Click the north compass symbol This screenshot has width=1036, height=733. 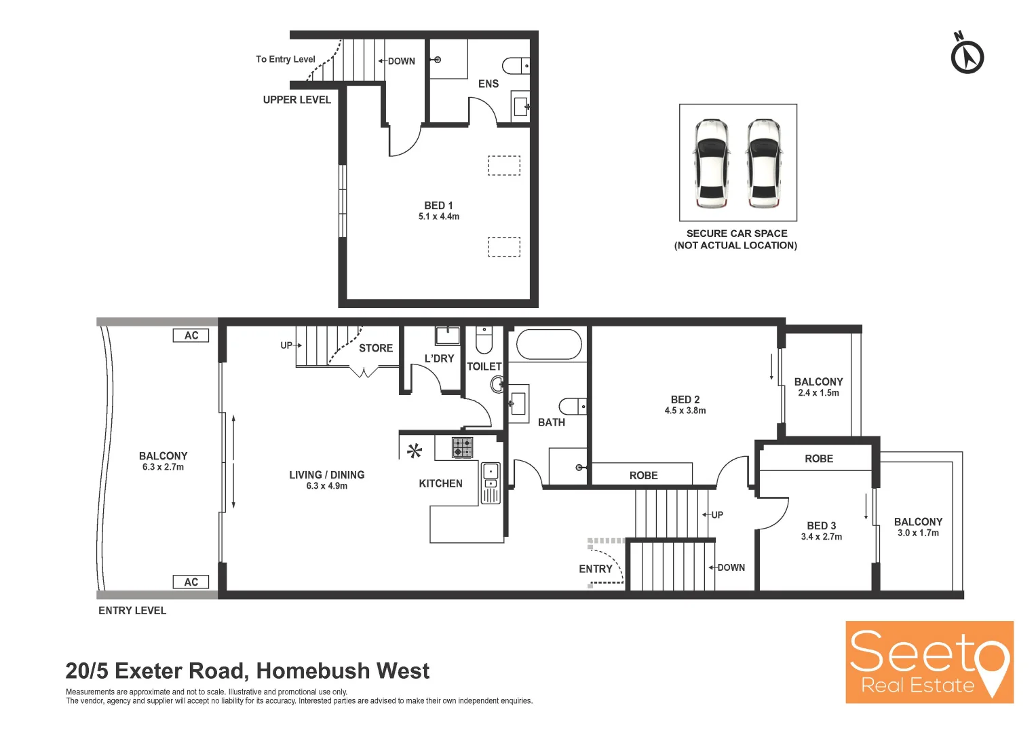[x=967, y=56]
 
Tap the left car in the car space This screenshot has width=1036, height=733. [x=710, y=164]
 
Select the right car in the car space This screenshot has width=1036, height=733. [x=764, y=164]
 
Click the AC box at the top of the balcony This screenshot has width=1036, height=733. [x=191, y=335]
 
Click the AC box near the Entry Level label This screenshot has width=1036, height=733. [x=191, y=582]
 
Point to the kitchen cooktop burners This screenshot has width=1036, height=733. [x=463, y=448]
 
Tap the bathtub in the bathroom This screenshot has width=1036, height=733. [x=549, y=345]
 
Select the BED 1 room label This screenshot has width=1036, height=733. [x=438, y=206]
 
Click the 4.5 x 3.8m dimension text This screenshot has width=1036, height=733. [x=685, y=411]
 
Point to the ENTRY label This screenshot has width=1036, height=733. [x=595, y=569]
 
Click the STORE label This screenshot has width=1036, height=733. [x=376, y=348]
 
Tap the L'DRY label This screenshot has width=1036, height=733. [x=439, y=358]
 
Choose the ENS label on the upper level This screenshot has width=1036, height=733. [x=488, y=83]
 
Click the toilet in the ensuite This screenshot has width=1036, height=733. [x=516, y=66]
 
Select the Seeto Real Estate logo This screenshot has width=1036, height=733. [x=929, y=662]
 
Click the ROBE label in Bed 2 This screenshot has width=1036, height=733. [x=643, y=476]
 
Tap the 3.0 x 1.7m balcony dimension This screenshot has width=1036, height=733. [x=918, y=533]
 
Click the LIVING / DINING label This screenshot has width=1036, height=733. [x=326, y=475]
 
